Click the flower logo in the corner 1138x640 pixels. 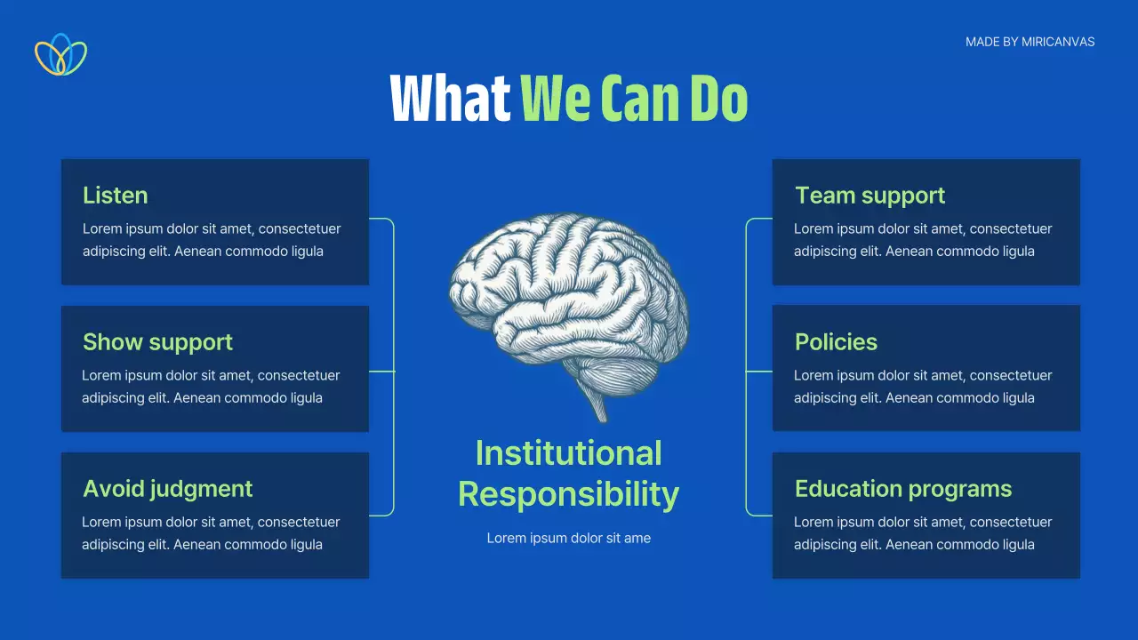[60, 54]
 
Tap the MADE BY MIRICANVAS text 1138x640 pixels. [1030, 42]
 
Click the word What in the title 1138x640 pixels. [450, 98]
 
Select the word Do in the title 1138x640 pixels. [718, 98]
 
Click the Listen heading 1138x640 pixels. [115, 196]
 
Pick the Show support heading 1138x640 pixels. [157, 342]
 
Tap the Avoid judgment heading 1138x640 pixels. [167, 489]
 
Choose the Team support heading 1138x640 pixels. [870, 196]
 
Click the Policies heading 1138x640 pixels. [836, 342]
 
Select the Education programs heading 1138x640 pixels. [902, 489]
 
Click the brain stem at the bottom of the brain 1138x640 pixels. [597, 404]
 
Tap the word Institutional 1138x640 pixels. [568, 453]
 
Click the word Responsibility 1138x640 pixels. [568, 494]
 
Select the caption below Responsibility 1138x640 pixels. [568, 538]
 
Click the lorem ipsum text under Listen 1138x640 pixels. [212, 240]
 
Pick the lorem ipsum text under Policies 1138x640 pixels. [922, 387]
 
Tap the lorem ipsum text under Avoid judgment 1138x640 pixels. [211, 533]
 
